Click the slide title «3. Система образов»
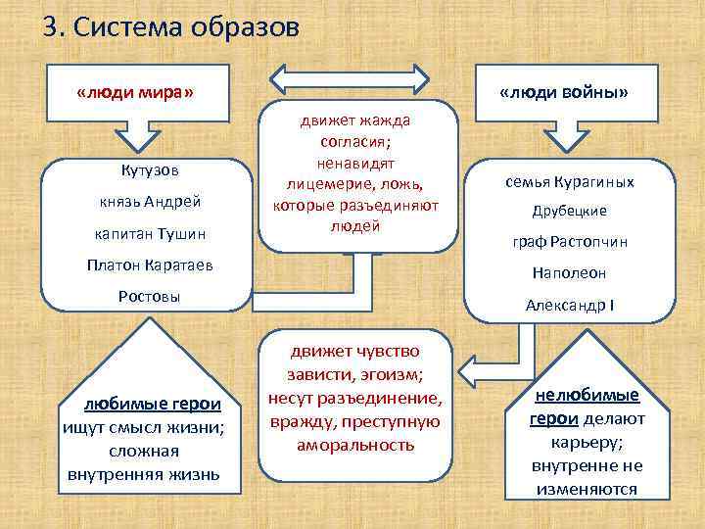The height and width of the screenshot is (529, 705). [170, 27]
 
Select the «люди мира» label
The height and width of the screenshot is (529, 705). [134, 92]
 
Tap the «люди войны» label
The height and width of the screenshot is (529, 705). [563, 92]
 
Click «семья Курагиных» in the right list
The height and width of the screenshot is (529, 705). [569, 181]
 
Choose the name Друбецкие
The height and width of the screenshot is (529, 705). [569, 211]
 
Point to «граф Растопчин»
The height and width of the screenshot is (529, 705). [569, 242]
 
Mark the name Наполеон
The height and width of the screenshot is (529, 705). [569, 274]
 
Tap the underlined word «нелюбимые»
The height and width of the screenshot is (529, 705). [587, 395]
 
